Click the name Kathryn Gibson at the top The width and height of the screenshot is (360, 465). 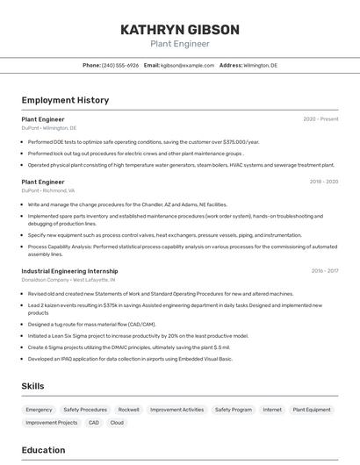pos(179,30)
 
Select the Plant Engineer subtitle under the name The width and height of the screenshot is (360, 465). pos(179,44)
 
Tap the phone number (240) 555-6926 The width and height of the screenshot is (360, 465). pos(120,65)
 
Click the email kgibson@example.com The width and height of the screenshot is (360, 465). pos(187,65)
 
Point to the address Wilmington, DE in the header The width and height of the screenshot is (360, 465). pos(260,65)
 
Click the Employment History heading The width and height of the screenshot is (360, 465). pos(65,100)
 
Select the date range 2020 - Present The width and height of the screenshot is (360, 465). pos(320,119)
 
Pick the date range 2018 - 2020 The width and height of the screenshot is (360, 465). pos(323,182)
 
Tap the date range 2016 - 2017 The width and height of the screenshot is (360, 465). pos(324,271)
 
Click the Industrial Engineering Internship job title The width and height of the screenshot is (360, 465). pos(69,271)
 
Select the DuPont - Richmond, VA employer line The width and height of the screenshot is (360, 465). pos(48,190)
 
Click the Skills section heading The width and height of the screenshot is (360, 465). pos(33,386)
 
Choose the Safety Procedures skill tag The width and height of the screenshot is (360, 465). pos(85,410)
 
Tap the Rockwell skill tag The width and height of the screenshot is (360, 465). pos(129,410)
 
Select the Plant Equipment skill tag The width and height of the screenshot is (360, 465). pos(312,410)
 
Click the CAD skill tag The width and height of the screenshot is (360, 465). pos(94,423)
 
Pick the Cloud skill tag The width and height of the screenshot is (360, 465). pos(117,423)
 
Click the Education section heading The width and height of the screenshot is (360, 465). pos(44,450)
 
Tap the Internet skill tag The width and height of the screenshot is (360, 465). pos(272,410)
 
